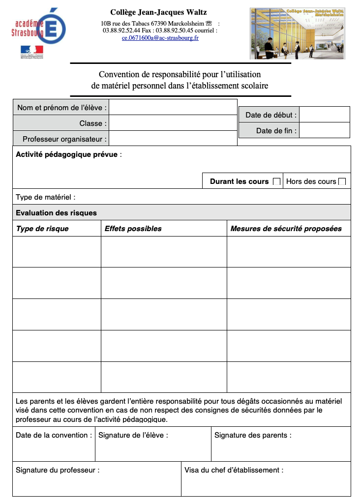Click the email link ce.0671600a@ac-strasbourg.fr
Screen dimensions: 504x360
(160, 38)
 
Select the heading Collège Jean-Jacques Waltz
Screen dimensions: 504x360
(158, 12)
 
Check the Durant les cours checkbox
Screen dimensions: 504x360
(276, 181)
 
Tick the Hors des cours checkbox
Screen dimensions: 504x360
(342, 181)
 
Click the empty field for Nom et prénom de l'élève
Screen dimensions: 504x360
(173, 107)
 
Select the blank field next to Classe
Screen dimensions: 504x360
(173, 123)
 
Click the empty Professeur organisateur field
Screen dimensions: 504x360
(173, 139)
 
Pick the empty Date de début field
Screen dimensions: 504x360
(325, 115)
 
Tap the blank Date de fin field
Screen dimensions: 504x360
(325, 130)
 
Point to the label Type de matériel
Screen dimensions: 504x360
(46, 197)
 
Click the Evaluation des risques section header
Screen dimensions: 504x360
(57, 213)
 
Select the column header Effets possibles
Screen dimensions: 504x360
(133, 229)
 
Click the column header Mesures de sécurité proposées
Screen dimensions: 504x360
(286, 229)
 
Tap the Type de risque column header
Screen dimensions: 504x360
(42, 229)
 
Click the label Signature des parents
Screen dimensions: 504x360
(253, 435)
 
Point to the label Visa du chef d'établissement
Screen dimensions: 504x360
(234, 470)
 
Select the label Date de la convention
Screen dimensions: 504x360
(54, 435)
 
